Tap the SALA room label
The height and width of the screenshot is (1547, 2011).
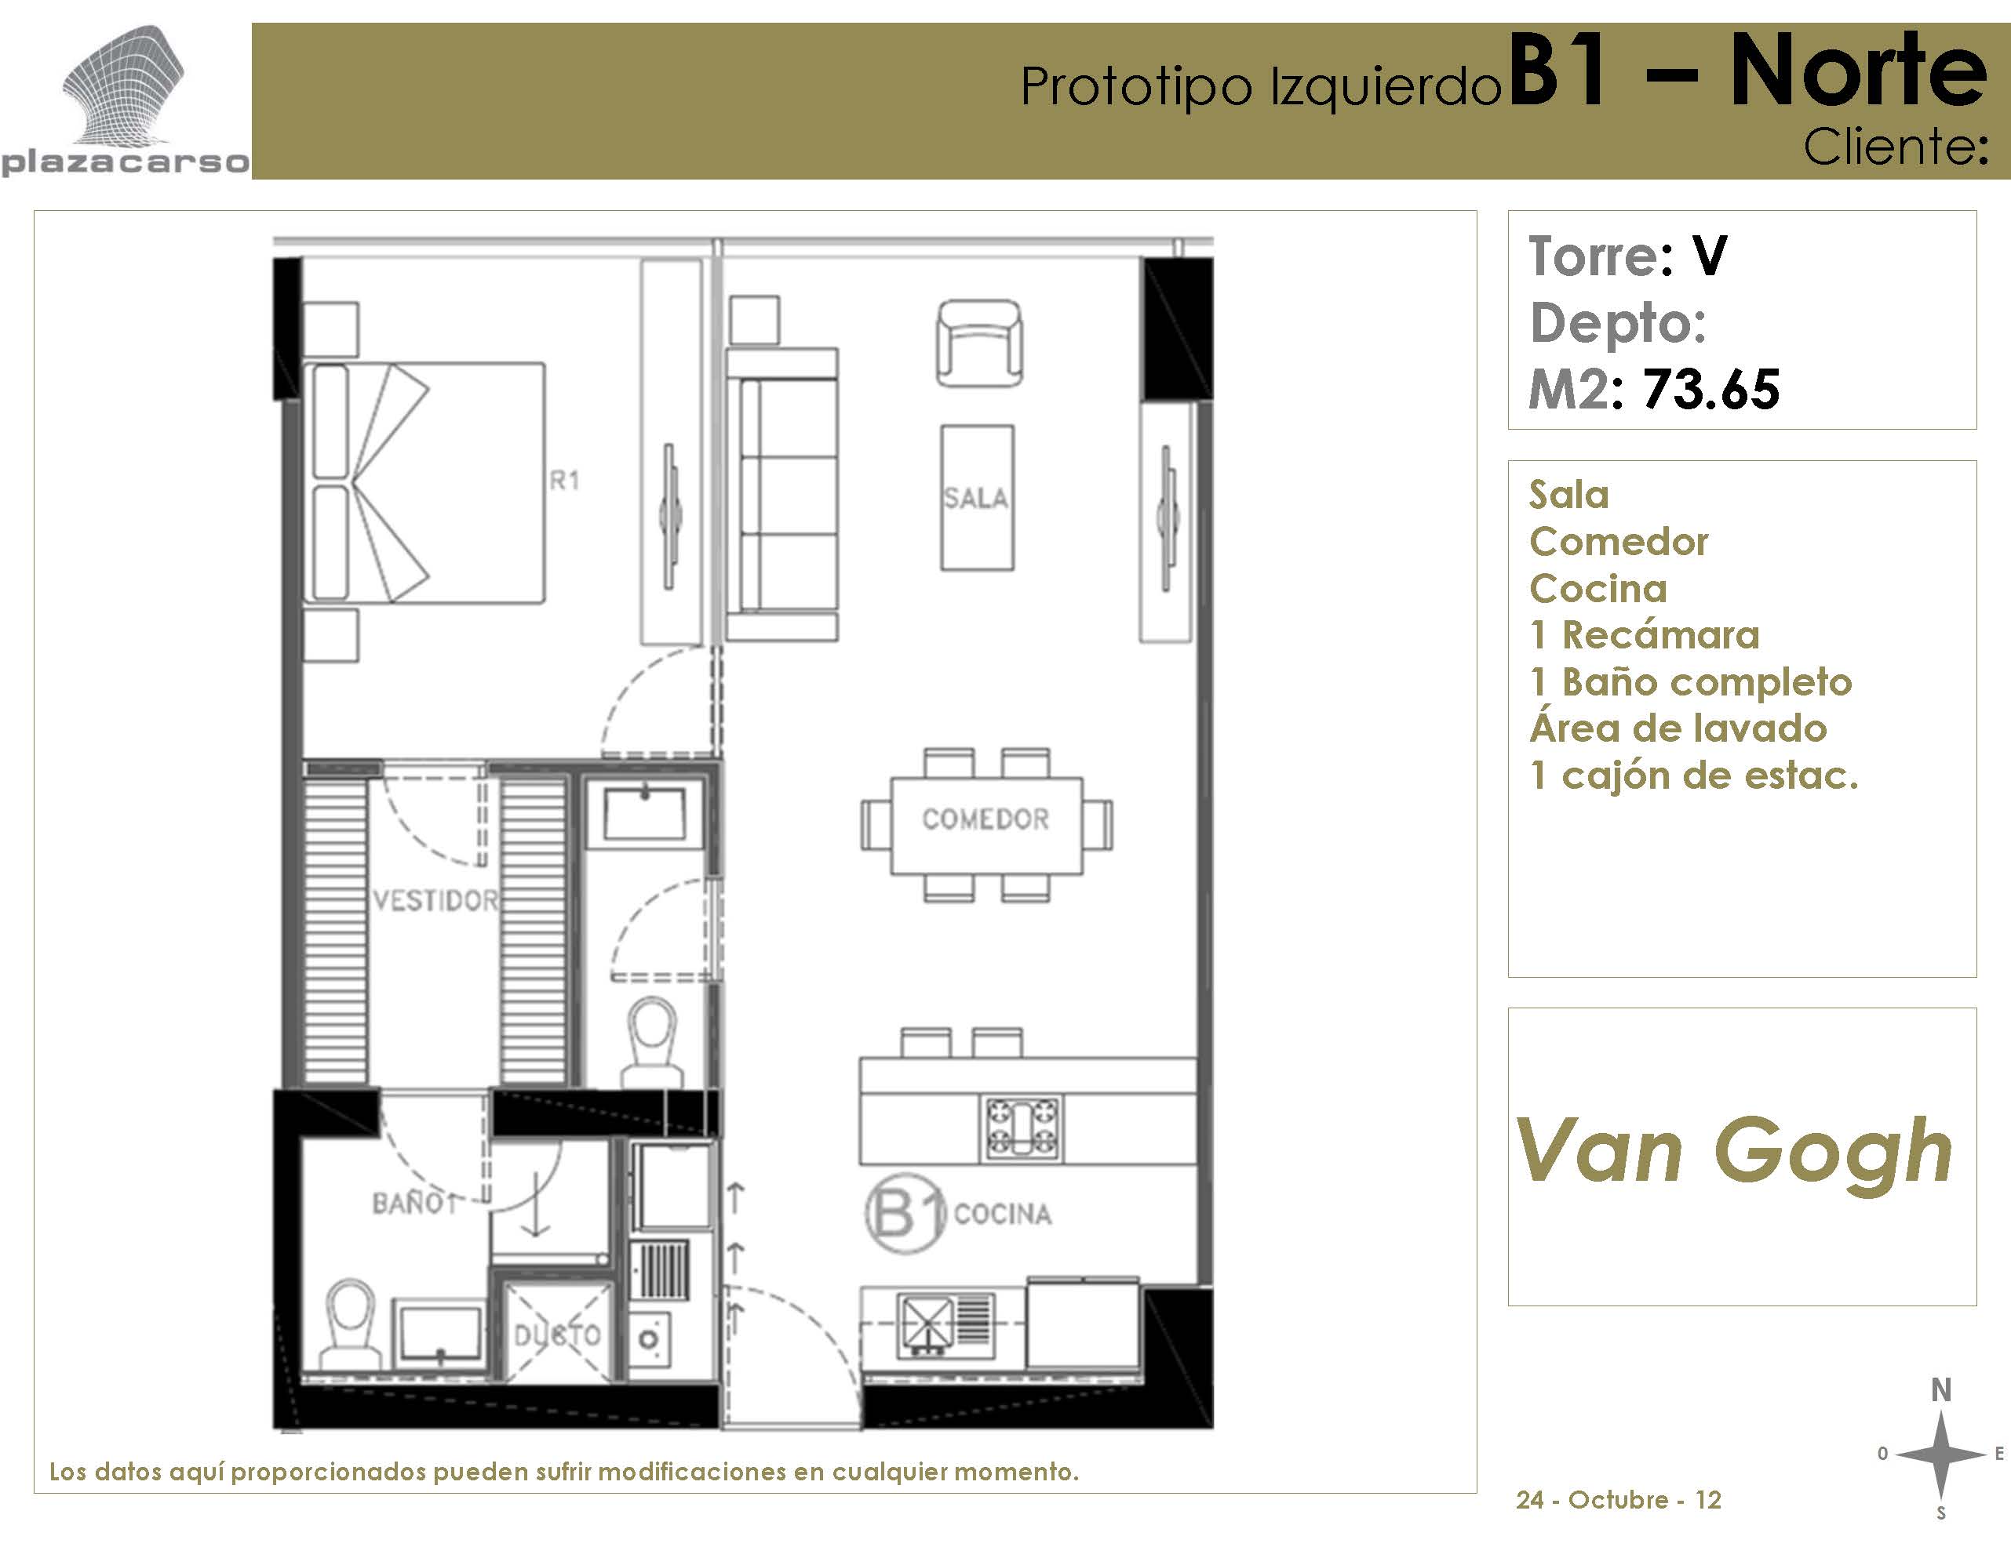point(976,498)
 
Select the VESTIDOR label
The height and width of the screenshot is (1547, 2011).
point(435,900)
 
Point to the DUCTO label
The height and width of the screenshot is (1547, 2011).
point(557,1335)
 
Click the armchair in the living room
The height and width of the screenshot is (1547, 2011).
point(980,343)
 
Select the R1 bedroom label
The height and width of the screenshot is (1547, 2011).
point(564,481)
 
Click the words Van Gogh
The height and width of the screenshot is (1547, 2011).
point(1733,1150)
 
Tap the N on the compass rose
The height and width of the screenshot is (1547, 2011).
point(1941,1390)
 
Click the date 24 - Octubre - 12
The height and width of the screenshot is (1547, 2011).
point(1618,1499)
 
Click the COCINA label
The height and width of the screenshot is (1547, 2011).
point(1003,1214)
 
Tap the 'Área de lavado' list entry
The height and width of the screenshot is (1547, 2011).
point(1678,728)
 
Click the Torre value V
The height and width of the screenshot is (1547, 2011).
point(1710,256)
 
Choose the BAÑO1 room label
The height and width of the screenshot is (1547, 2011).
point(414,1203)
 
